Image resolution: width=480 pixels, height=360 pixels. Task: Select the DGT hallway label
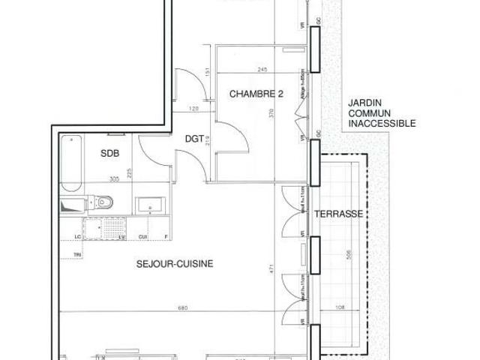click(x=196, y=137)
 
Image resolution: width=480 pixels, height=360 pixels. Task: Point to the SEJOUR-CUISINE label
click(x=175, y=263)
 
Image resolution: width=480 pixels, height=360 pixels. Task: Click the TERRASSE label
click(x=339, y=214)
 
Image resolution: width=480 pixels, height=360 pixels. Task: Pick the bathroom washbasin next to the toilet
click(x=147, y=205)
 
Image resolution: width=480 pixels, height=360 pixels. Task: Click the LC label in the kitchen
click(x=78, y=238)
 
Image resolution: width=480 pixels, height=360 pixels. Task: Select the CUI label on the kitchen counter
click(x=142, y=238)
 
